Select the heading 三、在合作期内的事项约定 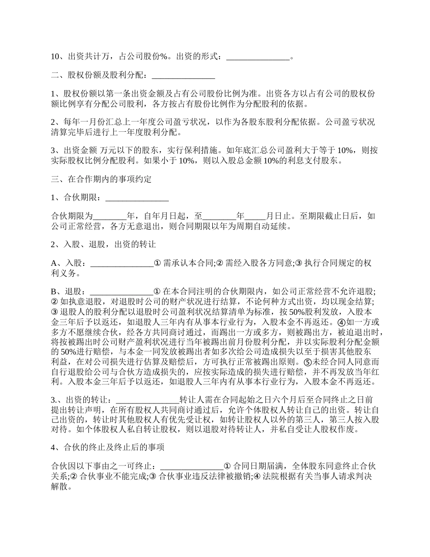point(101,179)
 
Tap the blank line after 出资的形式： point(257,58)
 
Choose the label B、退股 point(68,292)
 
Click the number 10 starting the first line point(55,58)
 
